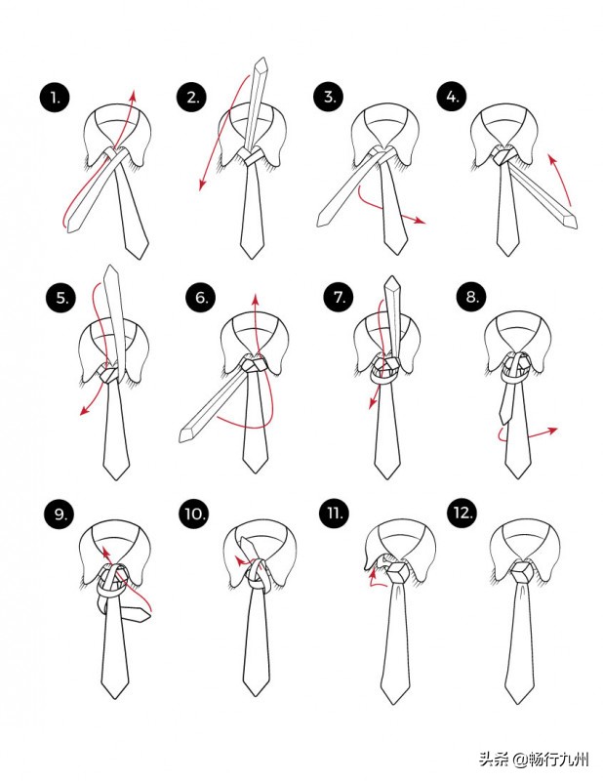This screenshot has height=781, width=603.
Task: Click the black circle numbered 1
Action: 55,98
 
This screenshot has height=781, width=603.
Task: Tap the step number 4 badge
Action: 452,96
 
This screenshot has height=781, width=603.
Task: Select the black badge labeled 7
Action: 340,297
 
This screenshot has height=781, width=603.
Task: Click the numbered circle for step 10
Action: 194,514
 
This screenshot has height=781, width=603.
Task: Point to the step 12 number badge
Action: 462,513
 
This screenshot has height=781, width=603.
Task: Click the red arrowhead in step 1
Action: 133,95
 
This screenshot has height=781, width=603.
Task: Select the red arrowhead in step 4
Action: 551,159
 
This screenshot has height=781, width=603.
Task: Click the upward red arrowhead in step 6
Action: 255,300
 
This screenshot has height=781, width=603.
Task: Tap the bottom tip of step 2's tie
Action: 252,258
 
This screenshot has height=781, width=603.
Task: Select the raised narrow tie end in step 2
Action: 256,103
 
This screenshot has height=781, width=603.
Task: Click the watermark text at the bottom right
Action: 535,760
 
